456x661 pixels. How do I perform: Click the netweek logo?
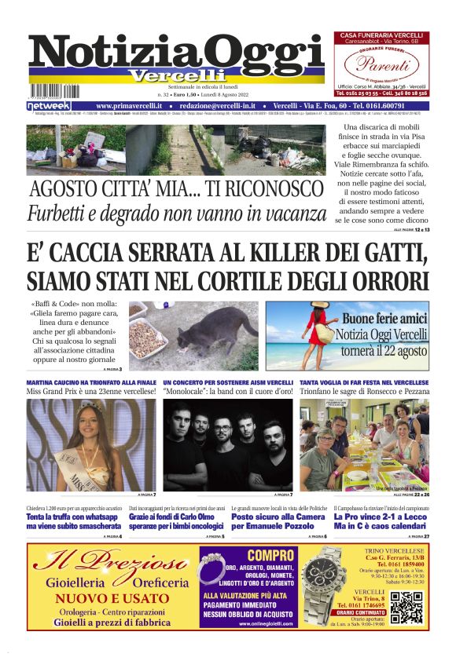coord(48,105)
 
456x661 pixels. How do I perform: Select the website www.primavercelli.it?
coord(129,105)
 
